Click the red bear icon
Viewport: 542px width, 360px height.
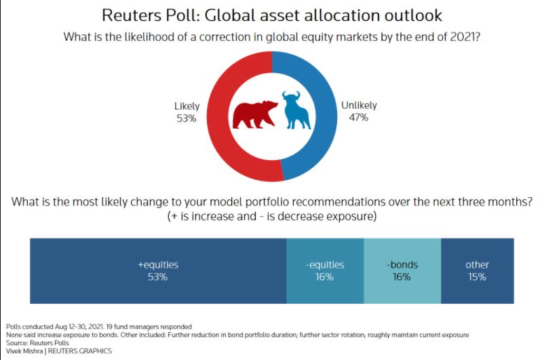(x=255, y=115)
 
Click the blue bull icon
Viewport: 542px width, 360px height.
(x=296, y=111)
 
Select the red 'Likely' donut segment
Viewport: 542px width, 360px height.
(x=221, y=135)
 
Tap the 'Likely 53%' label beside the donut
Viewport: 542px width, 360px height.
(x=187, y=113)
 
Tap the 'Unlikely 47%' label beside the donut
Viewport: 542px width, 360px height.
(x=359, y=111)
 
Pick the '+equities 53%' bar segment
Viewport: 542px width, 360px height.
(x=158, y=271)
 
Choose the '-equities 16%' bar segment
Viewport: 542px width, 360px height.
(x=325, y=271)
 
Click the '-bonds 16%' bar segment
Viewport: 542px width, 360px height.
(x=402, y=271)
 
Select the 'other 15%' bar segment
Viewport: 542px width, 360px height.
(x=478, y=271)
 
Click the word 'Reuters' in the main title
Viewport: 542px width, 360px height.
(x=132, y=16)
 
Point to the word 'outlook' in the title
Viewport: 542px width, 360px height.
(x=413, y=16)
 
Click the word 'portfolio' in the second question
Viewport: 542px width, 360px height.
(x=265, y=202)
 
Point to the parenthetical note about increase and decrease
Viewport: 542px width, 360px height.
(x=272, y=216)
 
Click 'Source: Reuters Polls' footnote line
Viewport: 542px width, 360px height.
(x=37, y=343)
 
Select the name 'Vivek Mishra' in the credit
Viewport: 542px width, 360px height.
(x=24, y=351)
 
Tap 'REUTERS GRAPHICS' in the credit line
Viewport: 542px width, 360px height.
(x=80, y=351)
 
